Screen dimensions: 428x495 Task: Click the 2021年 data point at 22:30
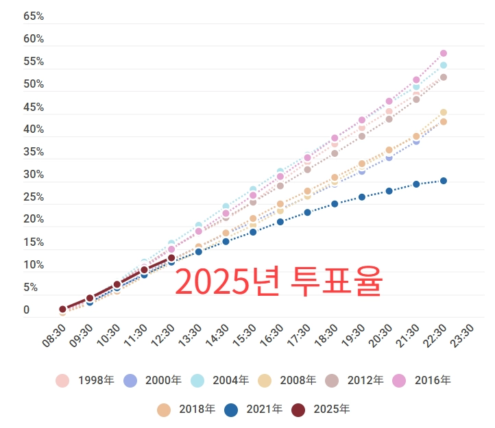click(x=444, y=181)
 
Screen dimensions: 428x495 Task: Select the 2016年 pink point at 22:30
click(x=444, y=53)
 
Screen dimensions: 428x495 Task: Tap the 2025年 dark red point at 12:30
click(x=171, y=258)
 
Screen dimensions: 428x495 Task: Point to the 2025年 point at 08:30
click(x=62, y=310)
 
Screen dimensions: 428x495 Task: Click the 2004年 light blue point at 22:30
click(x=444, y=66)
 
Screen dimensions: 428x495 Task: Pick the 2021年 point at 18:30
click(x=335, y=204)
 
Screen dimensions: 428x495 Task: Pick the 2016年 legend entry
click(x=422, y=380)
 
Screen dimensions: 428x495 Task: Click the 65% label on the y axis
click(x=34, y=16)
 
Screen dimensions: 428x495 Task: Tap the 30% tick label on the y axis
click(x=34, y=175)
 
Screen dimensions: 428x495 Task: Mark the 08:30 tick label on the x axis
click(x=55, y=338)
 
